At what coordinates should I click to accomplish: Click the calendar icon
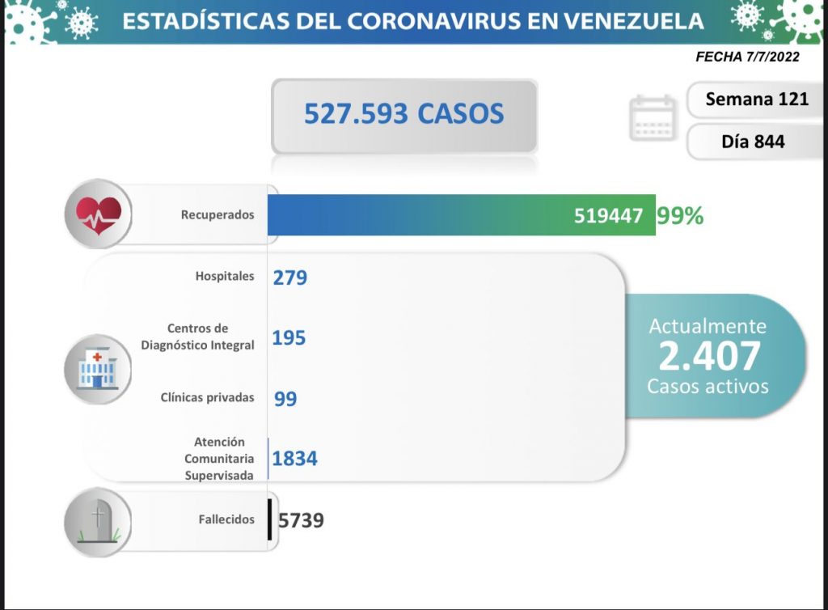coord(652,118)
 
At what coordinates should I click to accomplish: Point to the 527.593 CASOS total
coord(403,114)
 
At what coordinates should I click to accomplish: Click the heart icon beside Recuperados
coord(98,214)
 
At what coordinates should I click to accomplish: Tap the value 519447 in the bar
coord(609,216)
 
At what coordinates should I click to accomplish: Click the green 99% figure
coord(680,216)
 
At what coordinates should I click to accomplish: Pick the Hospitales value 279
coord(290,277)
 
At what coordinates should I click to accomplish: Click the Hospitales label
coord(225,277)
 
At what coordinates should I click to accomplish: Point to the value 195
coord(289,337)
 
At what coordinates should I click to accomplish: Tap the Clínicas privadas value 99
coord(285,399)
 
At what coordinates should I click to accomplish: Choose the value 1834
coord(295,459)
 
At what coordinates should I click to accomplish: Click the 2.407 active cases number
coord(709,356)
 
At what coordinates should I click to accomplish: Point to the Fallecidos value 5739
coord(301,520)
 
